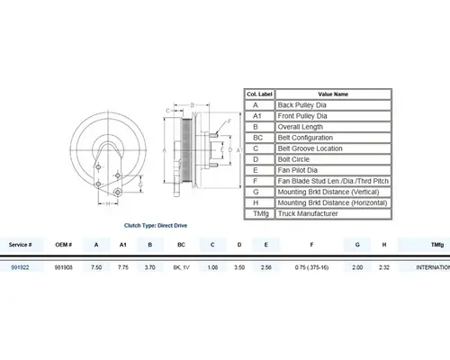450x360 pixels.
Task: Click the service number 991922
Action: pos(20,267)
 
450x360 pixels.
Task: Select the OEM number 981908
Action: pos(62,267)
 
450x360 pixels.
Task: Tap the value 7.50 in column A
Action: pos(96,267)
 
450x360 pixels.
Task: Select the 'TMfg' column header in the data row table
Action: pos(437,244)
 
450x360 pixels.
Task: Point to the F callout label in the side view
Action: pos(230,119)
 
